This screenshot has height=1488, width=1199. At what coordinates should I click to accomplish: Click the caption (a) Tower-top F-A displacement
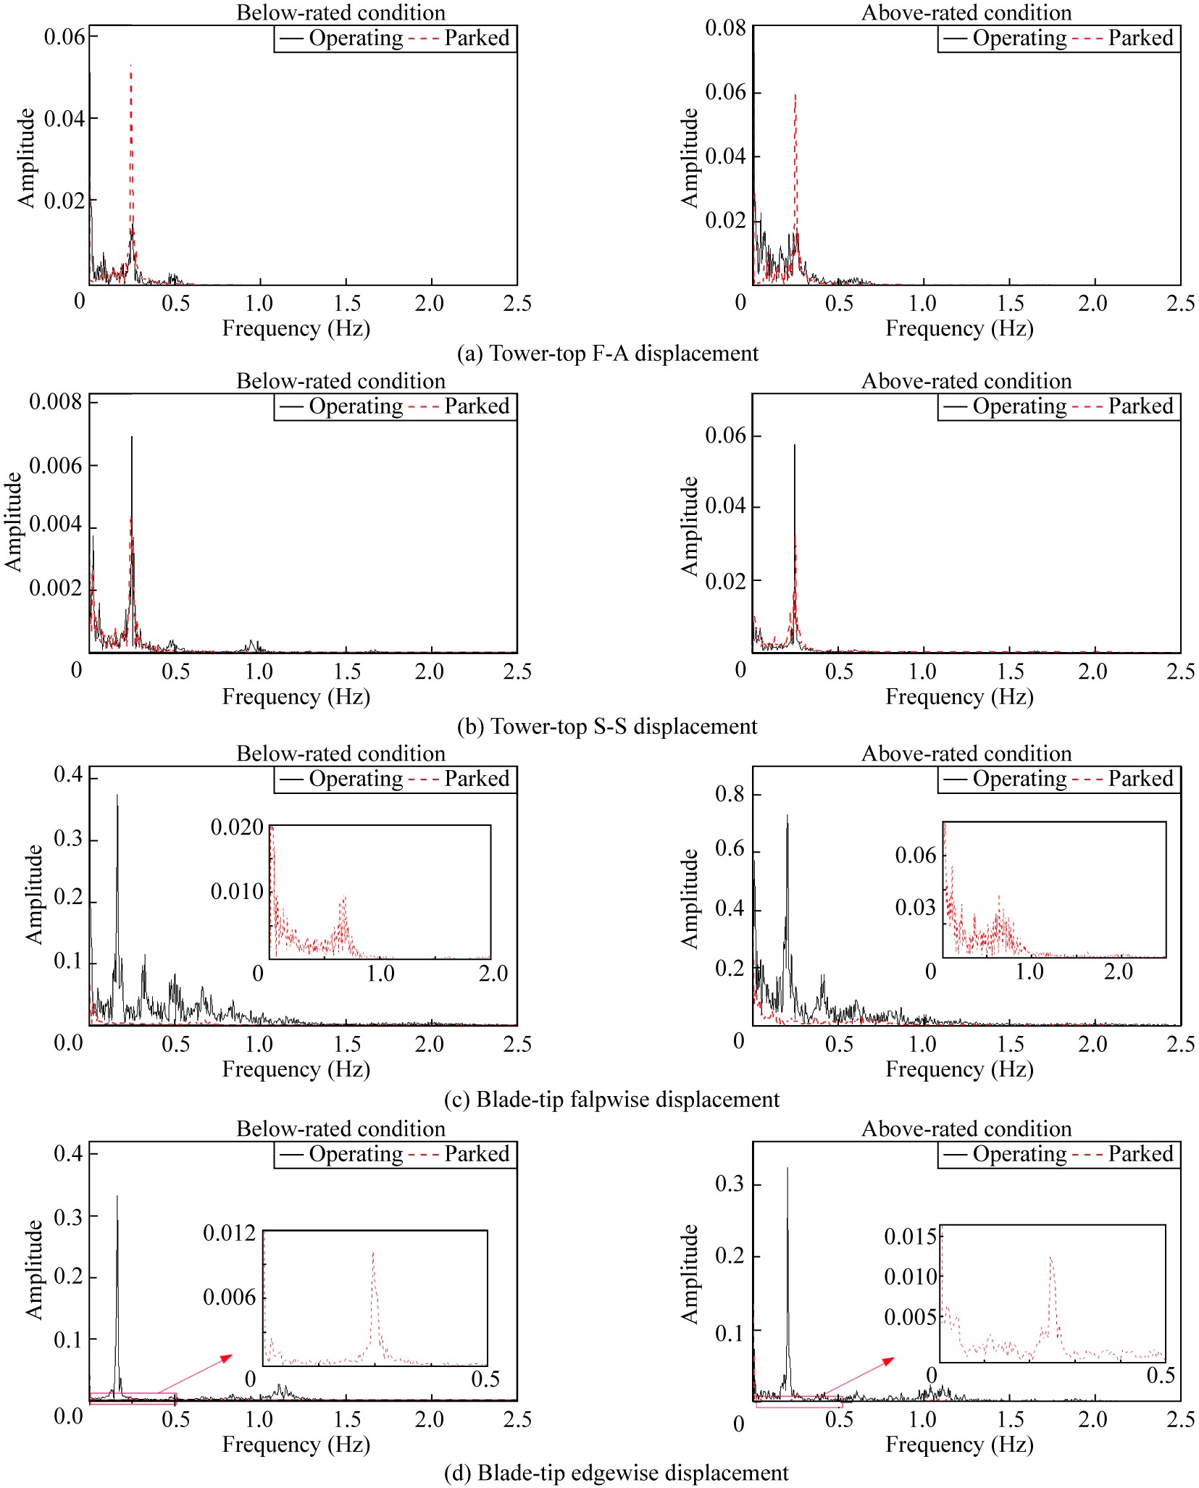point(608,354)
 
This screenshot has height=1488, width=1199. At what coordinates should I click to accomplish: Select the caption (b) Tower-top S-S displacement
point(607,726)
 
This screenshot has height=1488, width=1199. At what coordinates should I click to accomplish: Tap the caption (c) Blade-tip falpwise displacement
point(611,1099)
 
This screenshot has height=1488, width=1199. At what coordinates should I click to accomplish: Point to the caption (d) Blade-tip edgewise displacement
point(616,1473)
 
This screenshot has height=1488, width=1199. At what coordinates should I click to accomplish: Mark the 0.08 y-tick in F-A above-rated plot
point(725,28)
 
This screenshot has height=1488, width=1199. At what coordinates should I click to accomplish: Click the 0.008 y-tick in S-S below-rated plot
point(56,402)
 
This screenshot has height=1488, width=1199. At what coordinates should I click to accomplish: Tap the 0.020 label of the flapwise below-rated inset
point(237,827)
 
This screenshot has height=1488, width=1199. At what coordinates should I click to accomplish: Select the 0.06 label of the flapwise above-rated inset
point(916,856)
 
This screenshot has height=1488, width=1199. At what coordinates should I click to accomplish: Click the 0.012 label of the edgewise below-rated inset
point(229,1233)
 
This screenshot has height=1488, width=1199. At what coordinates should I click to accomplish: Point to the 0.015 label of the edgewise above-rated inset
point(910,1237)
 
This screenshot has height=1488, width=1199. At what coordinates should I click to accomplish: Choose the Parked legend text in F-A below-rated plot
point(477,38)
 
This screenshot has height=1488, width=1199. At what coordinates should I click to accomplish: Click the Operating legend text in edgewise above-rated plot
point(1019,1154)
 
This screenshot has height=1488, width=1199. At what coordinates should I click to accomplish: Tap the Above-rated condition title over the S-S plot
point(966,381)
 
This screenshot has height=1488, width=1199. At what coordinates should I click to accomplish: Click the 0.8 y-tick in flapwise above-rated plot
point(730,795)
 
